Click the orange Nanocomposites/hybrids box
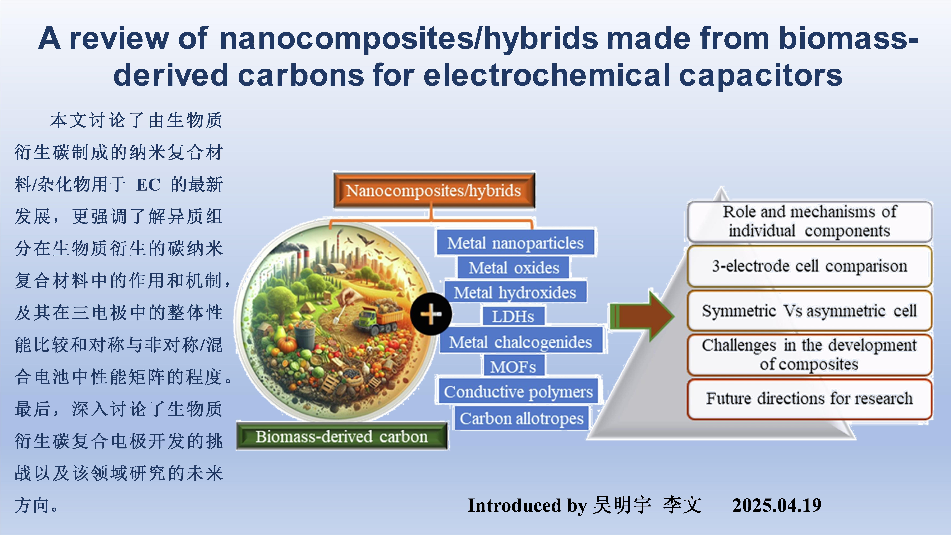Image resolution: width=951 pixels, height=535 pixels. point(434,191)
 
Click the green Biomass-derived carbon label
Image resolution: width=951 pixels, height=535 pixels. point(342,436)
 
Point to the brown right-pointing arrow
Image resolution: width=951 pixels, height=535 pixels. point(642,316)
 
